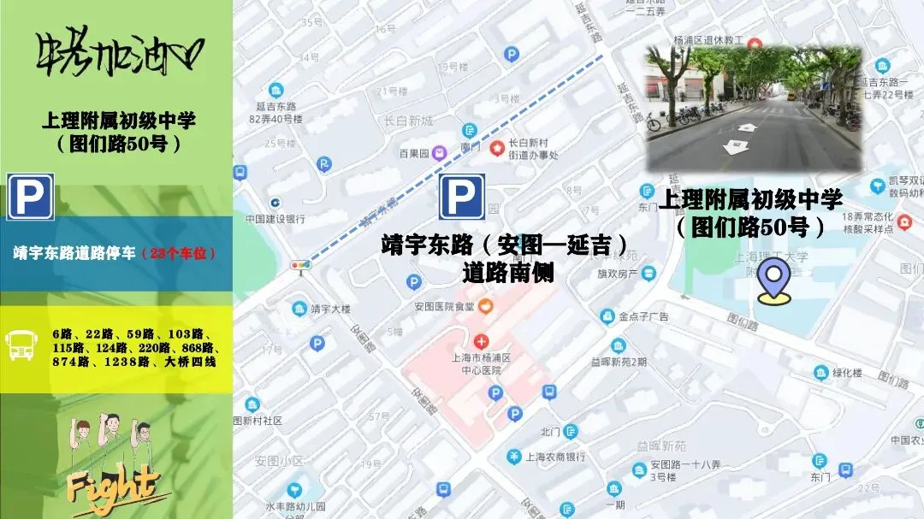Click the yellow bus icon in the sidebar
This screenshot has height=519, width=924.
point(21,344)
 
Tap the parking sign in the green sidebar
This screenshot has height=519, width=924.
point(30,198)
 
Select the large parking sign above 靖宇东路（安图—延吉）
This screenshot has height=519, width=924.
point(462,198)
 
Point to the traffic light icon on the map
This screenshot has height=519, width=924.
point(299,266)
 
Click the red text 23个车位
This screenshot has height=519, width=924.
point(179,254)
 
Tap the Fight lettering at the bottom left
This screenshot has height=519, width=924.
point(115,487)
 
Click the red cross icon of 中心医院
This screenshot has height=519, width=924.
point(481,341)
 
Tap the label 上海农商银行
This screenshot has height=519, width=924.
point(555,457)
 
